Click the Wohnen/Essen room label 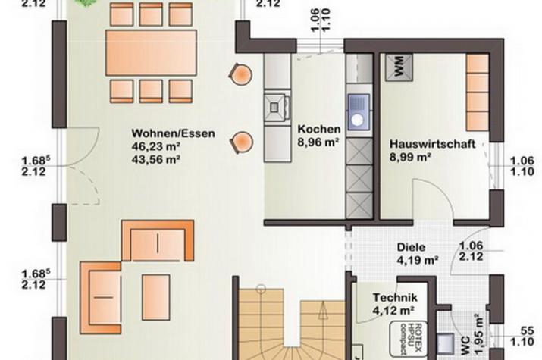(x=173, y=133)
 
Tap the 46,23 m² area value (x=156, y=146)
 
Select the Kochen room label (x=319, y=129)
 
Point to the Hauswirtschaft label (x=432, y=144)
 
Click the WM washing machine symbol (x=399, y=67)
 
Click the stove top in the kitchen (x=275, y=107)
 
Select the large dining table (x=151, y=53)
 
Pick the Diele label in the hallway (x=411, y=247)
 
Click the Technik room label (x=395, y=297)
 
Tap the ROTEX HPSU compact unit (x=408, y=339)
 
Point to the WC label (x=465, y=346)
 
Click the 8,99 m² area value (x=410, y=157)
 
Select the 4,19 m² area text (x=418, y=260)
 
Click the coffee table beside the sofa (x=156, y=297)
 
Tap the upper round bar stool (x=240, y=74)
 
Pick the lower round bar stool (x=242, y=142)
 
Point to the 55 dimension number (x=527, y=331)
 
